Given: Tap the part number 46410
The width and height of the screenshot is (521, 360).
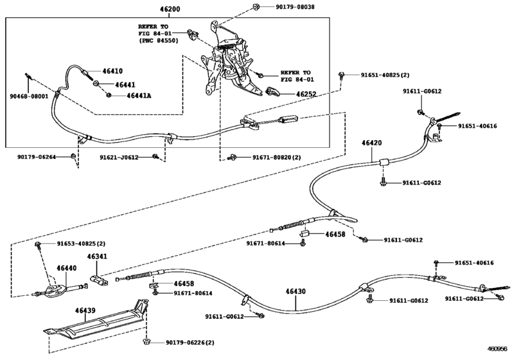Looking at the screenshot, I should coord(110,72).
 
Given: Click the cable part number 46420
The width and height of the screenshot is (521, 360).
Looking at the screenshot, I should coord(371,143).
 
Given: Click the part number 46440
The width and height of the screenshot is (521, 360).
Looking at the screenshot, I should coord(66,267).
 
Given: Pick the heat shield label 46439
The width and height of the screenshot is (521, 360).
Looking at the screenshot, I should coord(85,310).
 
